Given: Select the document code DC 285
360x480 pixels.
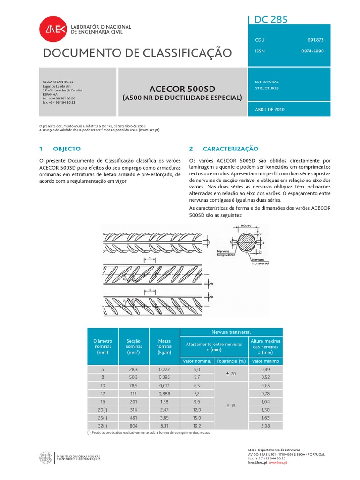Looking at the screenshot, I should (x=271, y=19).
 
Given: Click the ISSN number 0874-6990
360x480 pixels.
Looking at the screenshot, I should (x=312, y=51).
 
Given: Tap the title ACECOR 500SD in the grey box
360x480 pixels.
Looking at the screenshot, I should (x=182, y=89).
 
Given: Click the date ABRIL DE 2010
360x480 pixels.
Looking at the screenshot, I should (x=270, y=109).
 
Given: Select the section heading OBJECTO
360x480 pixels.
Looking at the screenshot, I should (x=67, y=149).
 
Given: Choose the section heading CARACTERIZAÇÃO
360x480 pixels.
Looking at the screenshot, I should (x=230, y=149).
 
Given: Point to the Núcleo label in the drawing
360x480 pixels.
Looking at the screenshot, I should (x=247, y=225).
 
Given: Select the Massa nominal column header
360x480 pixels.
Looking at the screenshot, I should (x=165, y=345).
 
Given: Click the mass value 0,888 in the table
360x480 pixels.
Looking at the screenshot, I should (x=165, y=393).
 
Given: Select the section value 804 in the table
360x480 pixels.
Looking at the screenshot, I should (x=134, y=425).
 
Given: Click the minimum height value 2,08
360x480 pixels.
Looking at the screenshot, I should (x=265, y=425).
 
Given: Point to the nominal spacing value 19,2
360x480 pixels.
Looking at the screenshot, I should (x=197, y=425).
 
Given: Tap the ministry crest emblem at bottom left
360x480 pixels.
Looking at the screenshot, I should (x=47, y=457).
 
